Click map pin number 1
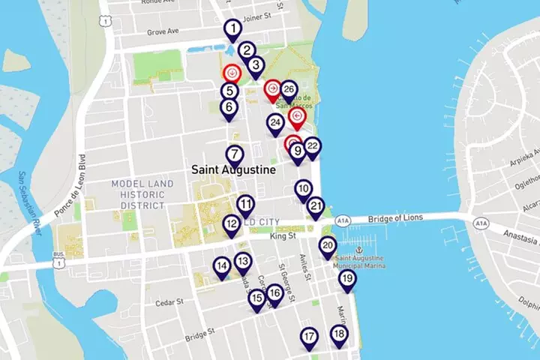(233, 30)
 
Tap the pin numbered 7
(235, 155)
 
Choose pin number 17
(309, 337)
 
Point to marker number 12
(232, 223)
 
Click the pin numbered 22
(313, 146)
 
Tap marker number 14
(221, 265)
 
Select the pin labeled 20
(328, 245)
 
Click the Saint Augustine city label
(233, 170)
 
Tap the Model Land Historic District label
(137, 194)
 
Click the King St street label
(283, 236)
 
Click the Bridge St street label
(200, 331)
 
